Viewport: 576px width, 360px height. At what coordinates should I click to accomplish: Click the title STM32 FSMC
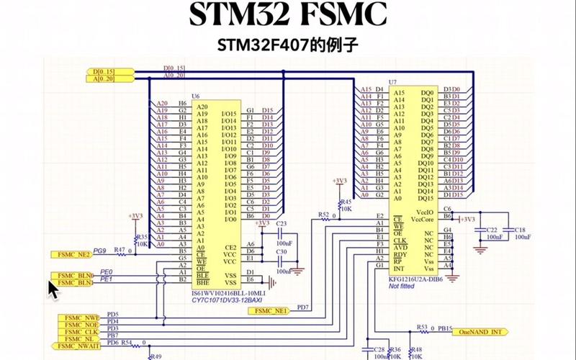click(x=288, y=15)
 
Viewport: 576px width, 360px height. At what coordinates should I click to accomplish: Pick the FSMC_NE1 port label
click(x=269, y=311)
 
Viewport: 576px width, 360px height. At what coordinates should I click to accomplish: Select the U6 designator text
click(x=196, y=96)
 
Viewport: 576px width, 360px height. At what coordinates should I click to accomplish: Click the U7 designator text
click(x=392, y=84)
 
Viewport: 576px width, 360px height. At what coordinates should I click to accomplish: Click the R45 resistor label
click(x=346, y=202)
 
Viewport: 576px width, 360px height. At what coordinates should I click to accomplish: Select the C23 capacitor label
click(x=282, y=224)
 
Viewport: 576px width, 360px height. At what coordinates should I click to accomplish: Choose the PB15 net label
click(x=445, y=328)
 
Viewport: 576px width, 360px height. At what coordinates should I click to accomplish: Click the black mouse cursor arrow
click(x=53, y=289)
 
